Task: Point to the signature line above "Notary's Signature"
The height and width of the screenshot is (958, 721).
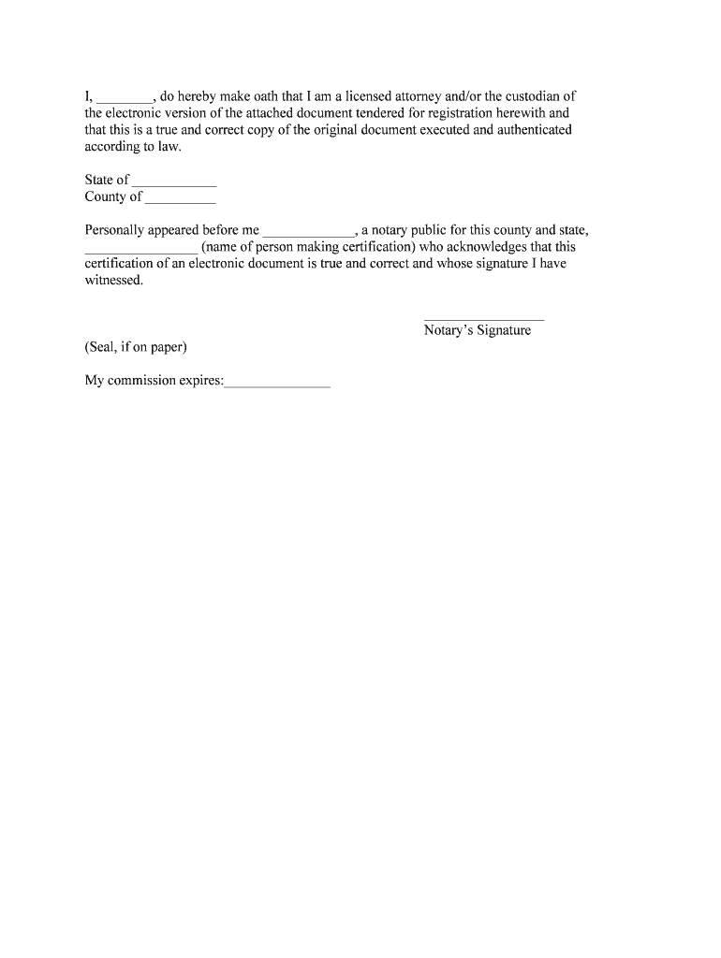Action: [x=483, y=319]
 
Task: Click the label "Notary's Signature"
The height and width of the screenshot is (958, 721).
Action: [x=477, y=330]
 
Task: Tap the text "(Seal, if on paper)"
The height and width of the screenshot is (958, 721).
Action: [x=136, y=347]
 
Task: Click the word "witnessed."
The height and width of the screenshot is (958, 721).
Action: [x=114, y=280]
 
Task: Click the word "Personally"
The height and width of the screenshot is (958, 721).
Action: [x=115, y=230]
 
